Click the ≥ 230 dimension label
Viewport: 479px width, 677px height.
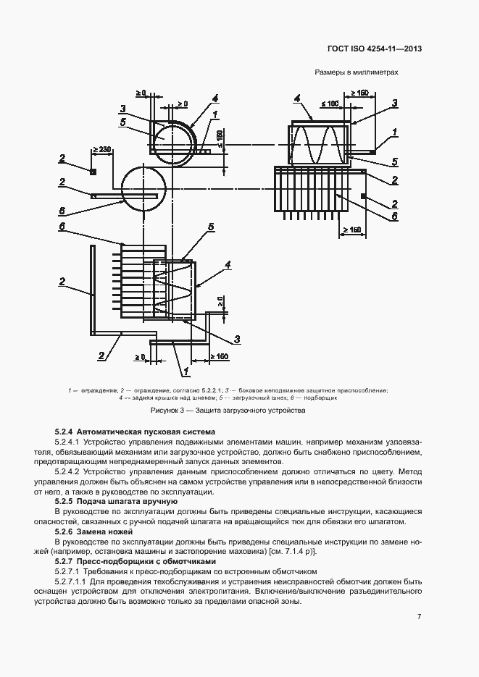101,150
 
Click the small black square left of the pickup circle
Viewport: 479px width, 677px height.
93,172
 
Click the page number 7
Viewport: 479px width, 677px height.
419,616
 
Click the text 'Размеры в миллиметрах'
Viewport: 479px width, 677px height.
357,72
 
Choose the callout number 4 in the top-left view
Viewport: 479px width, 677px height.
214,98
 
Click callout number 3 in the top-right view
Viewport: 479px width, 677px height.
395,103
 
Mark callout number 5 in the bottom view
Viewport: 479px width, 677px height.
210,227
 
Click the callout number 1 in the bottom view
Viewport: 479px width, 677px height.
186,370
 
